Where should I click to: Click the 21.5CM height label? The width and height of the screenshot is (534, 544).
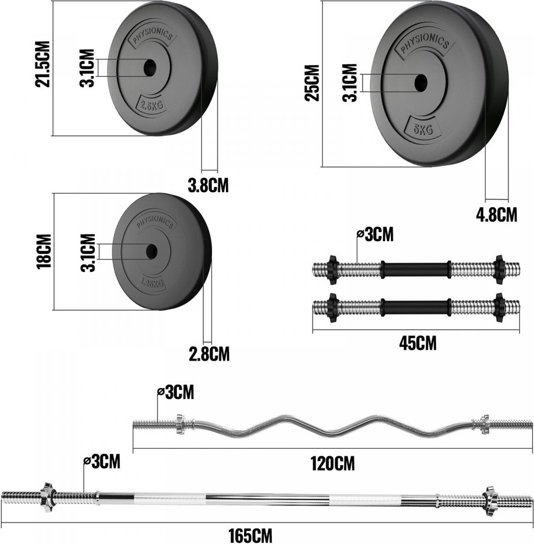point(43,64)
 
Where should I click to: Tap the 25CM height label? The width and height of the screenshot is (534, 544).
point(312,83)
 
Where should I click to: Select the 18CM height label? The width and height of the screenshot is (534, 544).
point(44,251)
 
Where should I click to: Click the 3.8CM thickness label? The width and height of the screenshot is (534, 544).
point(208,185)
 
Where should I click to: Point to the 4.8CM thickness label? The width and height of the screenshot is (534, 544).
point(496,215)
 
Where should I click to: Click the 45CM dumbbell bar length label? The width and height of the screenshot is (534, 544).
point(418,343)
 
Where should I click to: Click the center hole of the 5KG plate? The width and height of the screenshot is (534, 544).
point(421,83)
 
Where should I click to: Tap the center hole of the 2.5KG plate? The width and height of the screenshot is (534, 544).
point(150,68)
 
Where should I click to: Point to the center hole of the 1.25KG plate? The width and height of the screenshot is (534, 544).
point(152,251)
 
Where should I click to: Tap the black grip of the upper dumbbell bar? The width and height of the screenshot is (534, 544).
point(415,270)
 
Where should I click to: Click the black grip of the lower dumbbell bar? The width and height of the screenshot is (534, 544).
point(415,308)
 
